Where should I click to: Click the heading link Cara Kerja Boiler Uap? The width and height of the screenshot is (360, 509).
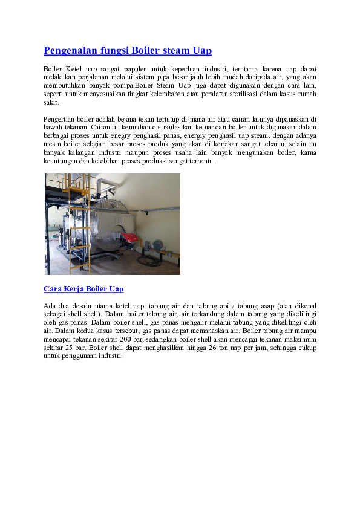tap(83, 289)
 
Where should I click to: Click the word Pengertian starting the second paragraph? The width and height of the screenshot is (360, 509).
tap(61, 119)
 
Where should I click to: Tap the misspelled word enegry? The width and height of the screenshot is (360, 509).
tap(134, 136)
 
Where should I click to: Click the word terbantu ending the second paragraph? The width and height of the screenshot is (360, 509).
tap(200, 161)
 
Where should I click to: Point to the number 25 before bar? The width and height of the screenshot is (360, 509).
tap(70, 348)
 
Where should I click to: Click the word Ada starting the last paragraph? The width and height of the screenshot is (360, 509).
tap(50, 306)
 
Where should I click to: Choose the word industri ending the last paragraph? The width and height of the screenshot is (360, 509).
tap(110, 357)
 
